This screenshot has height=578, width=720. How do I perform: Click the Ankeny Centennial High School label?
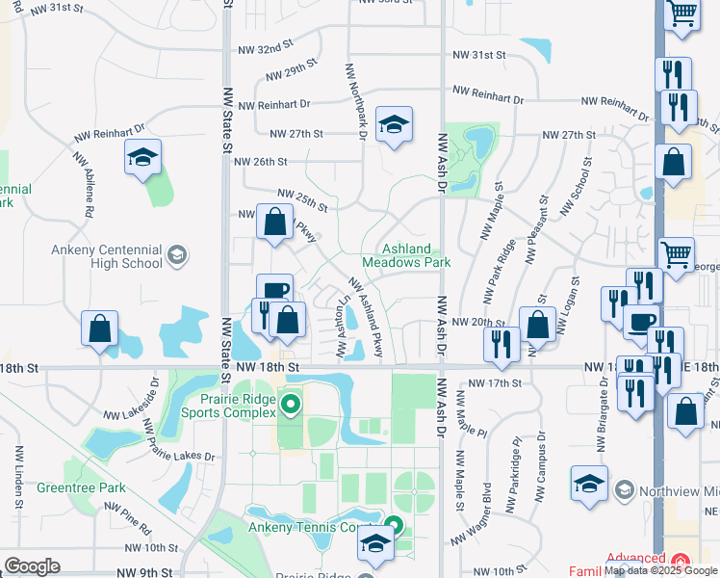(107, 256)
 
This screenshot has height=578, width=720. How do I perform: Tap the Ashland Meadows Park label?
(406, 255)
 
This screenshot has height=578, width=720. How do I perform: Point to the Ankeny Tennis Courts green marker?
(392, 526)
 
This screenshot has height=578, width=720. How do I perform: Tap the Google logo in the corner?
(32, 565)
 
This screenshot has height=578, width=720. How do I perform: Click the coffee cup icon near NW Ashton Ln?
(274, 291)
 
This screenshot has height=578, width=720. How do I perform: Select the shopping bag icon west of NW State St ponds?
(99, 328)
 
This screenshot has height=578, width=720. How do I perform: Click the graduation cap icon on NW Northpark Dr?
(394, 124)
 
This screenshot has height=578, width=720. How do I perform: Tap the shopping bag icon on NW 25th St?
(275, 222)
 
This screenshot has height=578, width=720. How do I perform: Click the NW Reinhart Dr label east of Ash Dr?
(487, 94)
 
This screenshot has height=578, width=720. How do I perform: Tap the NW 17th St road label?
(495, 382)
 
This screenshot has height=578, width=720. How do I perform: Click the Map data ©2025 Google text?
(661, 570)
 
